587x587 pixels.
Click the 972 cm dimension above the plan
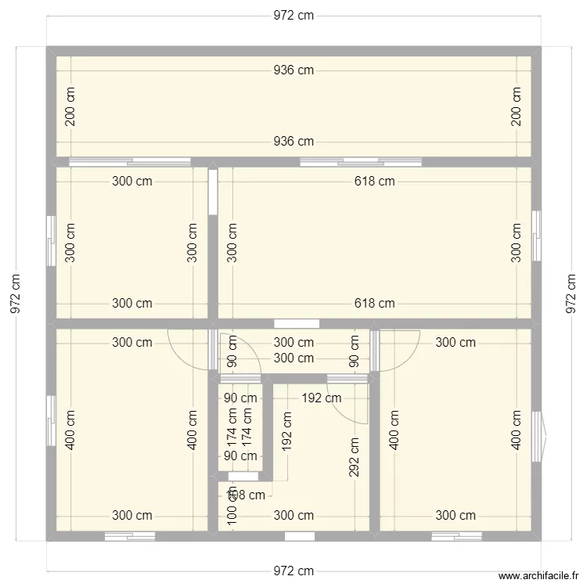point(293,16)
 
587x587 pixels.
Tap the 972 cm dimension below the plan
point(293,571)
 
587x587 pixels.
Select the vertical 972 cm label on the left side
point(15,293)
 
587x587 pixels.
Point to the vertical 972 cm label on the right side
point(571,293)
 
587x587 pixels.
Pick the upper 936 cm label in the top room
point(293,70)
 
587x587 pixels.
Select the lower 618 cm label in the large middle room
point(375,304)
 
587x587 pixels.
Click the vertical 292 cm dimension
point(355,457)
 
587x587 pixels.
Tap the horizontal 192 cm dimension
point(321,398)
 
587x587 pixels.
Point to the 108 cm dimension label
point(246,494)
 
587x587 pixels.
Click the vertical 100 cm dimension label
point(232,516)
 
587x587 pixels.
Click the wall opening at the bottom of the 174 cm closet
point(242,476)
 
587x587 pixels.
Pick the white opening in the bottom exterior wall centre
point(300,536)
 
